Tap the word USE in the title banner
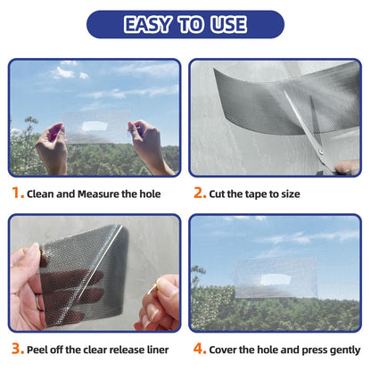[x=228, y=24]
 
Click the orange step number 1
[x=17, y=193]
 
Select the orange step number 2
[x=198, y=193]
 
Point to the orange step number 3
[x=17, y=349]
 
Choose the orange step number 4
[x=198, y=349]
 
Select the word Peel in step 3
[x=39, y=349]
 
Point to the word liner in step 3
[x=165, y=349]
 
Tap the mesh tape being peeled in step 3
[x=80, y=268]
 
